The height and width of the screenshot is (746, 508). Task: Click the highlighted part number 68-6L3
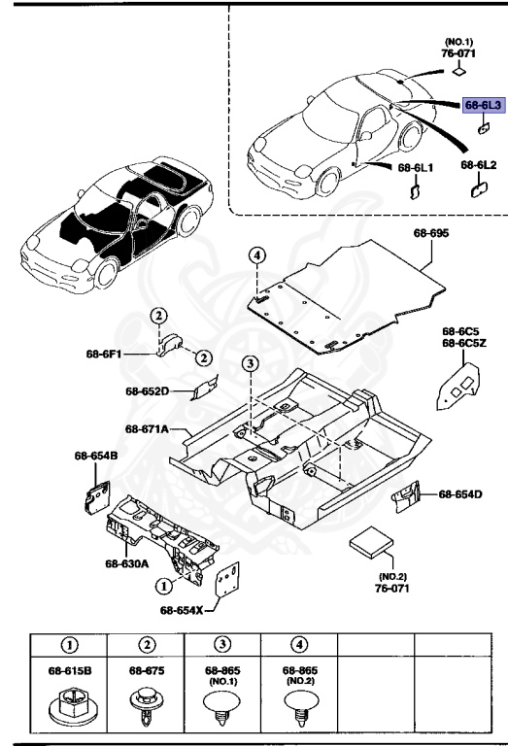tap(483, 102)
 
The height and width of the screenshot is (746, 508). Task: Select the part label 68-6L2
tap(479, 166)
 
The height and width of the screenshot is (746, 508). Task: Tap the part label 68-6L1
tap(416, 167)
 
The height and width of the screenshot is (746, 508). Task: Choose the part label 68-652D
tap(147, 391)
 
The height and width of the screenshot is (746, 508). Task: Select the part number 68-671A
tap(147, 428)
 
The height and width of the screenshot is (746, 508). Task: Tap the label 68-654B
tap(95, 455)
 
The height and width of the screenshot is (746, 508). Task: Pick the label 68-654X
tap(182, 610)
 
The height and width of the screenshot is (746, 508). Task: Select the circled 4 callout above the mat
tap(256, 255)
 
